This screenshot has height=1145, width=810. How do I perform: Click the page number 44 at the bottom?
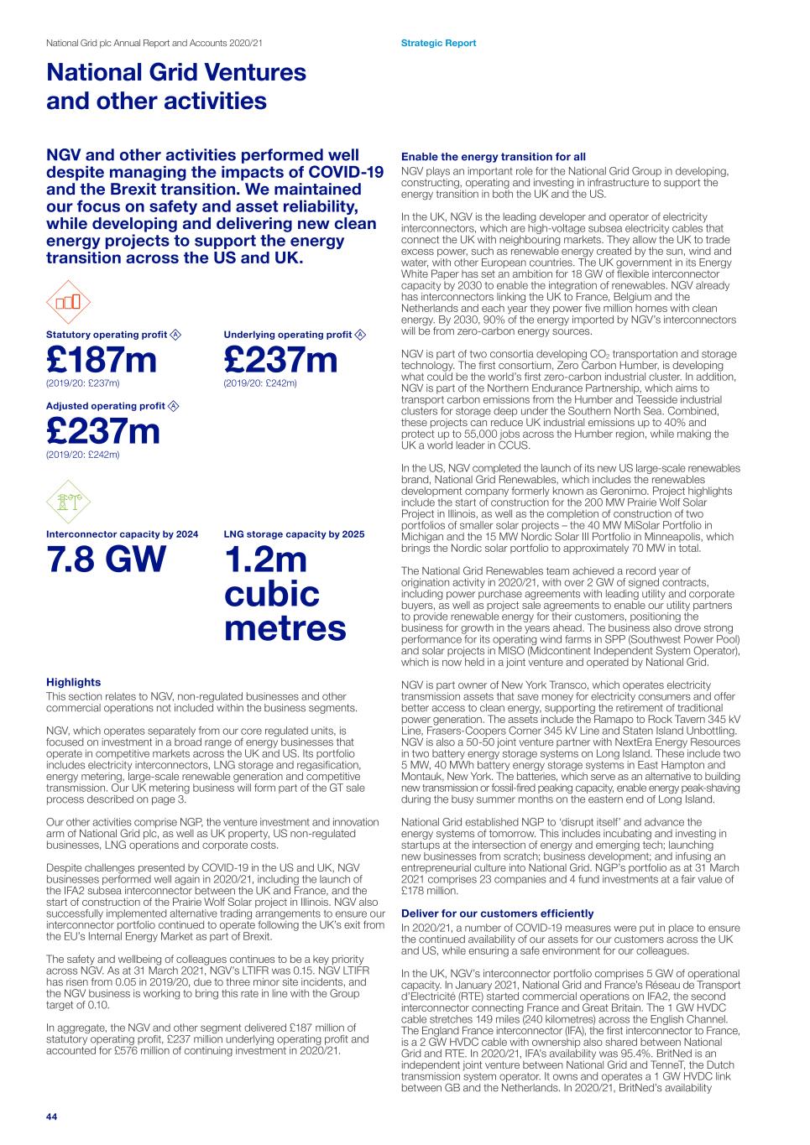[x=51, y=1116]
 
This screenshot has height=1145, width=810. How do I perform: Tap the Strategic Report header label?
[x=438, y=43]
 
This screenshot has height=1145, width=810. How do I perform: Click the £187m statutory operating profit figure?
[x=102, y=360]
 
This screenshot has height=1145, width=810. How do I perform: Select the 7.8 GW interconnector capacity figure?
[x=107, y=559]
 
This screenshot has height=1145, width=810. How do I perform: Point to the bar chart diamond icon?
[x=68, y=302]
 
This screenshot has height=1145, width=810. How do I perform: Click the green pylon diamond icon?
[x=68, y=502]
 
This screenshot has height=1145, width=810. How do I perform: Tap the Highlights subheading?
[x=73, y=682]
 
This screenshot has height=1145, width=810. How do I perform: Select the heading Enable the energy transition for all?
[x=494, y=156]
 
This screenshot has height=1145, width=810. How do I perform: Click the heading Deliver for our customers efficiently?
[x=497, y=913]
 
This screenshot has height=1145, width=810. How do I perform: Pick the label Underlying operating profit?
[x=287, y=335]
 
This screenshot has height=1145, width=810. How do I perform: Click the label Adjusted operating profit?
[x=106, y=406]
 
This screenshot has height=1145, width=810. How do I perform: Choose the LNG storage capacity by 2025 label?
[x=294, y=534]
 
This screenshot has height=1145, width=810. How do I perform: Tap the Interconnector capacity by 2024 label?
[x=122, y=534]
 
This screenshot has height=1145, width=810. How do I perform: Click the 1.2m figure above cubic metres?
[x=265, y=559]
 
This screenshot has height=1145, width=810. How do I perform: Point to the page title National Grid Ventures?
[x=176, y=72]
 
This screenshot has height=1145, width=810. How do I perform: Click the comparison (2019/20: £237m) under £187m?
[x=82, y=383]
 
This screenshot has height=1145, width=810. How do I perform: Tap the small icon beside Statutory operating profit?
[x=175, y=335]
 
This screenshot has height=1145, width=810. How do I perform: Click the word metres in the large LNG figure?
[x=285, y=627]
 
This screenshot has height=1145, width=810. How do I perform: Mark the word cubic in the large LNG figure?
[x=271, y=594]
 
